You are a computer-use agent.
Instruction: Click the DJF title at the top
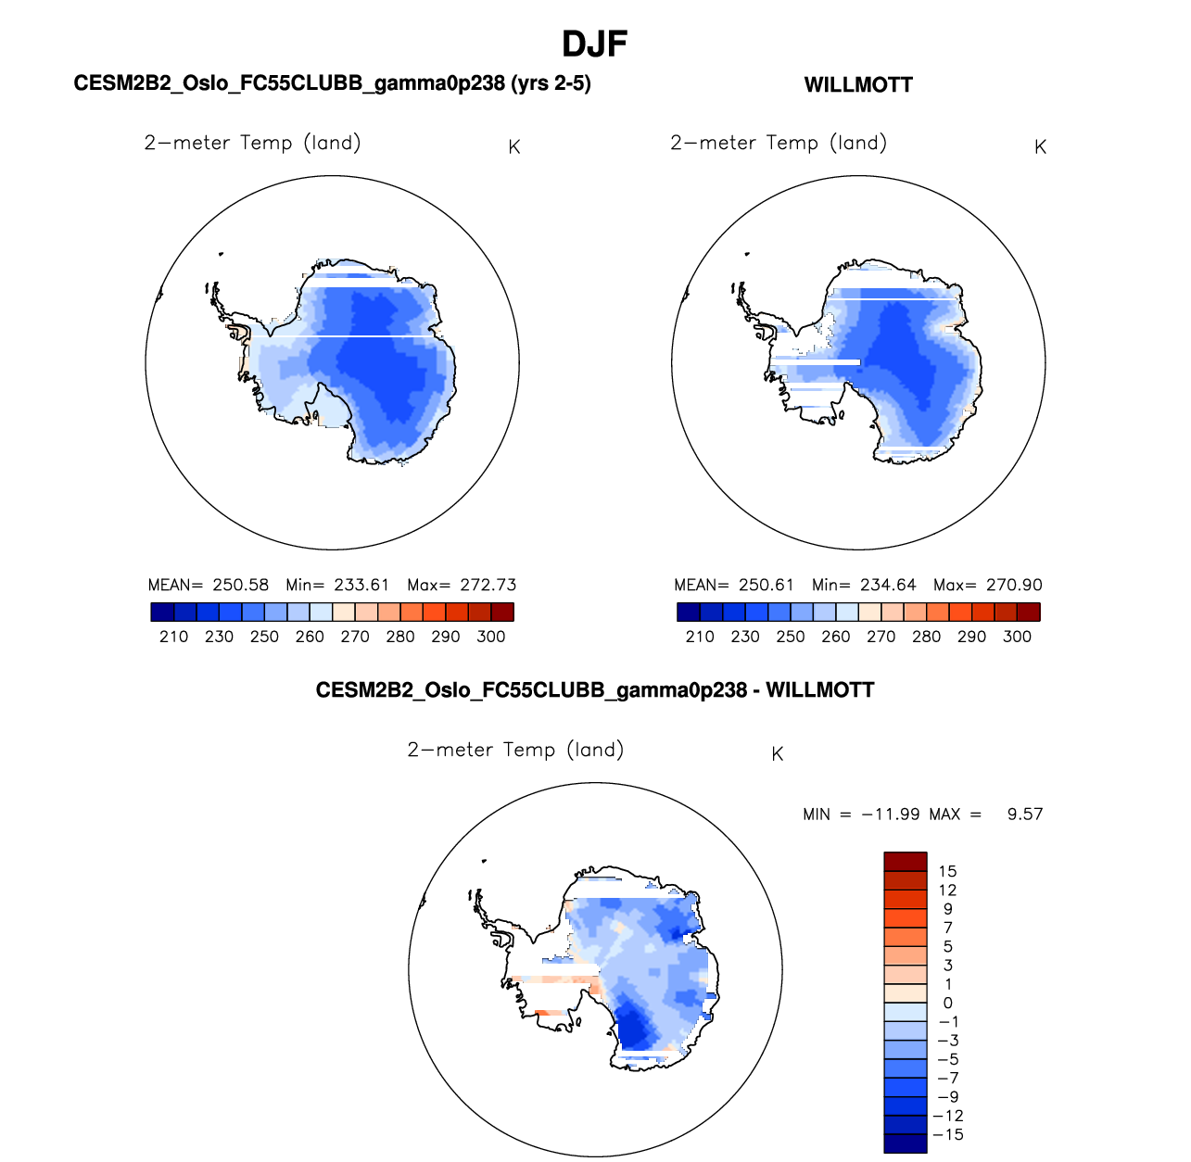(x=595, y=44)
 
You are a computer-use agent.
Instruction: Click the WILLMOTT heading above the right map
(x=858, y=85)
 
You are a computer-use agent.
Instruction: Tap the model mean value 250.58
(x=240, y=585)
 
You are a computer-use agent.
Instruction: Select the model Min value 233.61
(x=361, y=585)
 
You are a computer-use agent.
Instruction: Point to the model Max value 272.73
(x=488, y=585)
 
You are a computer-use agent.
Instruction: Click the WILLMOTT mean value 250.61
(x=767, y=585)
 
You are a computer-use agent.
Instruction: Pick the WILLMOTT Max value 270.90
(x=1014, y=585)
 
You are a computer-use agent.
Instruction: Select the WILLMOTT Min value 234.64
(x=888, y=585)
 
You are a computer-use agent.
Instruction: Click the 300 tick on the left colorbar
(x=491, y=637)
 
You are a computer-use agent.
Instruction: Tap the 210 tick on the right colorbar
(x=700, y=637)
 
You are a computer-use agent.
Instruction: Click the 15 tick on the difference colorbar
(x=947, y=871)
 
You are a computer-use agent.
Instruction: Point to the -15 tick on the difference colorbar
(x=949, y=1134)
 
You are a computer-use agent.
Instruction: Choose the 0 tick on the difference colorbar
(x=947, y=1003)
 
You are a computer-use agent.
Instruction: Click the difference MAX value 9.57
(x=1024, y=814)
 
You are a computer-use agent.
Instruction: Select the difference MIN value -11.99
(x=891, y=814)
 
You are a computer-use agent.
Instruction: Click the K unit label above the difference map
(x=778, y=754)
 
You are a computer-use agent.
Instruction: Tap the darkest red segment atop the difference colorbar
(x=906, y=862)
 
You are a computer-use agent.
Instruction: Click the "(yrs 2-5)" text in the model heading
(x=550, y=83)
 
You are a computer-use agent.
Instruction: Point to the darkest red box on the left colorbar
(x=502, y=612)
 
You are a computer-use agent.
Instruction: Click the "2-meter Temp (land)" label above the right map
(x=779, y=143)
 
